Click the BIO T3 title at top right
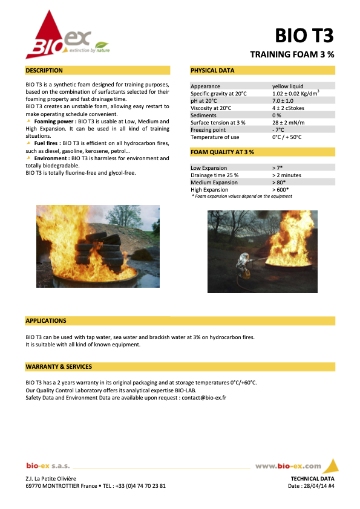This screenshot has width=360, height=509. [304, 36]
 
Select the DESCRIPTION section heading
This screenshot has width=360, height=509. [44, 71]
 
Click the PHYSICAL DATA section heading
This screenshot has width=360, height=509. [212, 71]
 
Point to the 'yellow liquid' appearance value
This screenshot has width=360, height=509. [288, 86]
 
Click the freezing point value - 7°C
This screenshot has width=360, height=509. [278, 129]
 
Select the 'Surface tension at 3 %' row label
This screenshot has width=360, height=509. [218, 122]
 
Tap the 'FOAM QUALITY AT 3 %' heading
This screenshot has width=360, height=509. [222, 152]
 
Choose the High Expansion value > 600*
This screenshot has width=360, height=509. [281, 190]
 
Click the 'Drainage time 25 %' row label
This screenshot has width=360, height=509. [214, 175]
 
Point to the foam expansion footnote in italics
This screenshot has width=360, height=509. [241, 196]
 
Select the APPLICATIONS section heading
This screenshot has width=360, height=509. [46, 320]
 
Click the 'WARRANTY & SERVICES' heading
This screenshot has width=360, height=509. [59, 367]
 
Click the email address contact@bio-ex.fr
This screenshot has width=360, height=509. [203, 398]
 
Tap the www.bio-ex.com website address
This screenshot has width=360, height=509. [288, 466]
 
